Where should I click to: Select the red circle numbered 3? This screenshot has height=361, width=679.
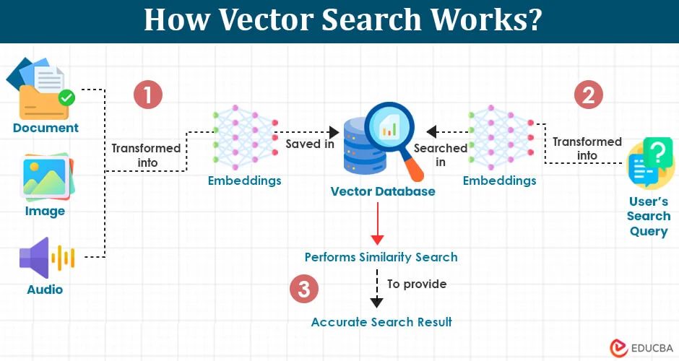point(303,290)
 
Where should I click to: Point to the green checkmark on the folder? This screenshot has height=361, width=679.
point(66,97)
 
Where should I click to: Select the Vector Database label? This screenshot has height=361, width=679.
point(383,191)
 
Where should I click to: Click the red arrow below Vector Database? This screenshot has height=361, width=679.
point(376,225)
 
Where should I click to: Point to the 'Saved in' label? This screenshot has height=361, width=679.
point(309,144)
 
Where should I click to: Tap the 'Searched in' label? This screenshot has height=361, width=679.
point(441,155)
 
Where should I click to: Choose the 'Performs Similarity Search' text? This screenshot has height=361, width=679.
point(381,257)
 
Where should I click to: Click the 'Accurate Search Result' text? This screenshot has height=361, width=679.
point(381,322)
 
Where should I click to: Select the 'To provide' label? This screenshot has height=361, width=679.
point(417,284)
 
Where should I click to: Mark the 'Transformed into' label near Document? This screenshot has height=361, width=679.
point(146,155)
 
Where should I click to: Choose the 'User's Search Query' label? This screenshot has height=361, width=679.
point(649,216)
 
